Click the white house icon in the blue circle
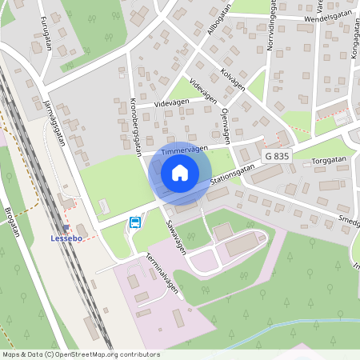pos(180,172)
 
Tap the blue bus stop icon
pos(134,222)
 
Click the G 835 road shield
pos(276,156)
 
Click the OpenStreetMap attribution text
pos(80,354)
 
